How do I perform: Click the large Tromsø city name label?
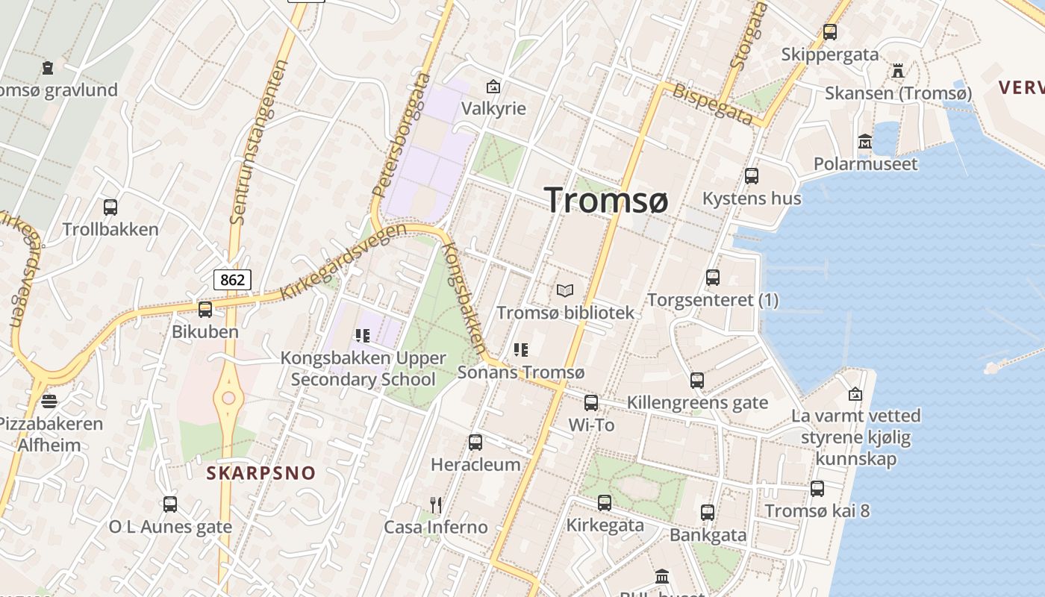click(x=605, y=200)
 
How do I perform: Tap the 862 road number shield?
click(x=232, y=280)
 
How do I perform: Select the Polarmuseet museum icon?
click(x=865, y=141)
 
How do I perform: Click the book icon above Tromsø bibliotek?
click(x=565, y=290)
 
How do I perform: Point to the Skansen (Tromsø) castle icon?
click(x=898, y=71)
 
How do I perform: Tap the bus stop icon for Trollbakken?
click(x=110, y=207)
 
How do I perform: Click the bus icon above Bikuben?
click(x=205, y=309)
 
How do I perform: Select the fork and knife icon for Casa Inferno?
click(x=436, y=505)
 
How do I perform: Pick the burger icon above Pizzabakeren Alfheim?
click(x=49, y=401)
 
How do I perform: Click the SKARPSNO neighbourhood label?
click(x=261, y=473)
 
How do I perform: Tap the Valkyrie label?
click(x=493, y=109)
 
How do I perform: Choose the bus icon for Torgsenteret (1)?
click(x=713, y=278)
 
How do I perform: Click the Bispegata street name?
click(x=713, y=104)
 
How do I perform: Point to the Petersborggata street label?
click(x=402, y=140)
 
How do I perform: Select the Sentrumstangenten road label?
click(x=259, y=142)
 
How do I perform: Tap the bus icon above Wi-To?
click(x=591, y=403)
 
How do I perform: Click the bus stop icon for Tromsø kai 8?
click(x=817, y=489)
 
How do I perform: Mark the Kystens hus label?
click(x=752, y=199)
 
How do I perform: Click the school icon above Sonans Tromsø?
click(x=521, y=349)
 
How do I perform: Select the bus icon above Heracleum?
click(x=475, y=443)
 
